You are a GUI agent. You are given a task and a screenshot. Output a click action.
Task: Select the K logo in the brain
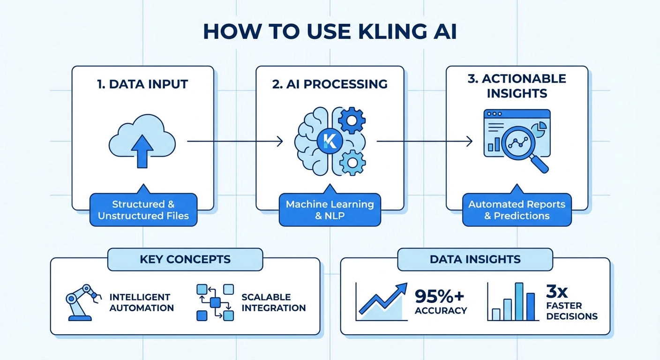click(x=330, y=141)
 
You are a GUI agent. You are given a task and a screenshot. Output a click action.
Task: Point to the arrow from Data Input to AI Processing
click(x=234, y=141)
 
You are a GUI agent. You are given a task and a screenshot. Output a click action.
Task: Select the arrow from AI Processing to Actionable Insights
click(x=424, y=141)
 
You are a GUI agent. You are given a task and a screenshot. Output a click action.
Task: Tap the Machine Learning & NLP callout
click(x=330, y=210)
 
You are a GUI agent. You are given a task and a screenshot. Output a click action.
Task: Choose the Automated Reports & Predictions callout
click(x=517, y=210)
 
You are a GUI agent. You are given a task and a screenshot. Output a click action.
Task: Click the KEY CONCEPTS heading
click(x=185, y=259)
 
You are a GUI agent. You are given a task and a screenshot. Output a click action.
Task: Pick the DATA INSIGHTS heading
click(x=475, y=259)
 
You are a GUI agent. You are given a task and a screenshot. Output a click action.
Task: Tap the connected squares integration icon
click(x=215, y=302)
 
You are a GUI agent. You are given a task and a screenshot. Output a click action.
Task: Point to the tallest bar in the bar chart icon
click(x=518, y=301)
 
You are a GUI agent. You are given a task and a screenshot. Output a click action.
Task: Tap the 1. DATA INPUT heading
click(x=142, y=84)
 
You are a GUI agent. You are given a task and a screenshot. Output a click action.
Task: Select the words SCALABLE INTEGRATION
click(x=273, y=302)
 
